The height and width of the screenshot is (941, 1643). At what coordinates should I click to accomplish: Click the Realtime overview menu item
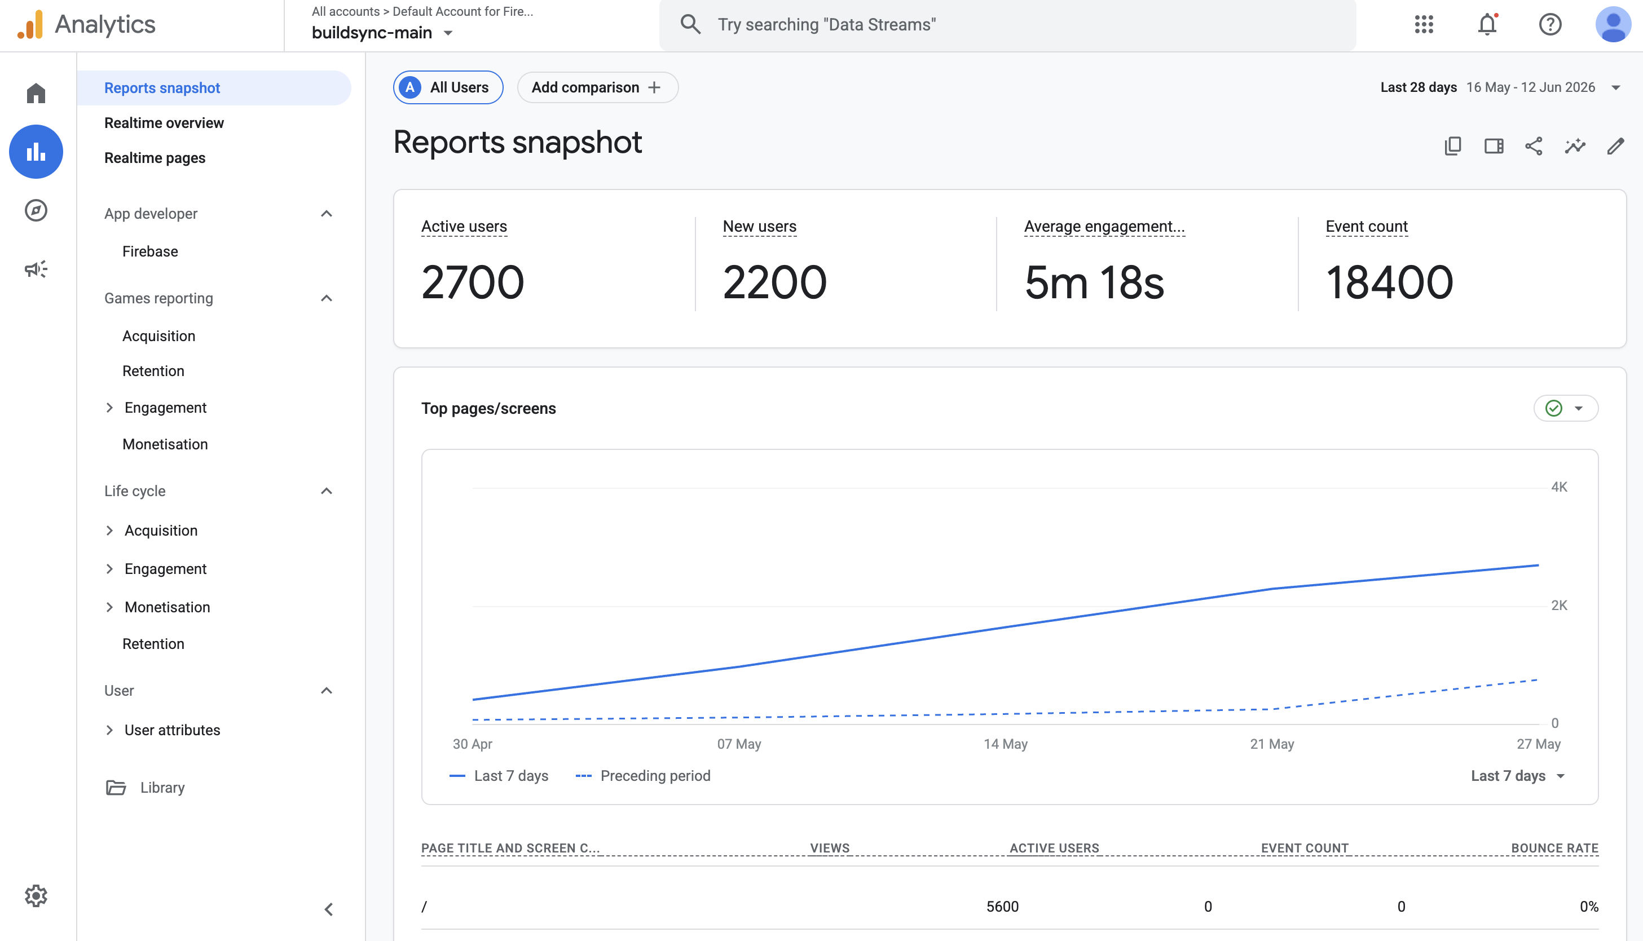coord(164,123)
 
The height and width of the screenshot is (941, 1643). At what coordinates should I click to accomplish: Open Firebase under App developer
coord(150,251)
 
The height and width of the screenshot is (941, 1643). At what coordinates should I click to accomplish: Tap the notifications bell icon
coord(1487,25)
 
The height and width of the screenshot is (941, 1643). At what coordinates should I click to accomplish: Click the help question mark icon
coord(1550,25)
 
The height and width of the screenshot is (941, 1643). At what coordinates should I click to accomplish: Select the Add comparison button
coord(597,87)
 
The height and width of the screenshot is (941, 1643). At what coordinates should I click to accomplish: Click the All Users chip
coord(448,87)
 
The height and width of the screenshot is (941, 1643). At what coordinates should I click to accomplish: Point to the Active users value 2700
coord(473,282)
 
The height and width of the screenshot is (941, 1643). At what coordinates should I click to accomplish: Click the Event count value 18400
coord(1390,282)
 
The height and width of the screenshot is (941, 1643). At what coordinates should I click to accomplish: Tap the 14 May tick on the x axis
coord(1006,744)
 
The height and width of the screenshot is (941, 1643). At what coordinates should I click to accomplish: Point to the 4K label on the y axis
coord(1559,487)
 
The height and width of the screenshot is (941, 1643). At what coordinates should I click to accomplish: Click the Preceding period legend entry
coord(643,776)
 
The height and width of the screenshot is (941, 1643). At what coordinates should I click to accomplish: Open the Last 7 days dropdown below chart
coord(1518,776)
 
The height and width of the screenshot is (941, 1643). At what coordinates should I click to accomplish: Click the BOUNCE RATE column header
coord(1554,848)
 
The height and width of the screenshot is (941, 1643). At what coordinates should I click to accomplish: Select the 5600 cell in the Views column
coord(1002,906)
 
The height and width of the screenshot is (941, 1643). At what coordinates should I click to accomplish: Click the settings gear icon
coord(36,896)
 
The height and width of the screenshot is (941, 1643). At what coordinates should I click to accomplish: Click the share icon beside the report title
coord(1534,146)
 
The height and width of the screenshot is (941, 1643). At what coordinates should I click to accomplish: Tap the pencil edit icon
coord(1615,146)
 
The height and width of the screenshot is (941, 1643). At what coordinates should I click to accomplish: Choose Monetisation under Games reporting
coord(165,444)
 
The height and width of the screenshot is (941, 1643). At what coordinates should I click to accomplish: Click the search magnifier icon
coord(690,25)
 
